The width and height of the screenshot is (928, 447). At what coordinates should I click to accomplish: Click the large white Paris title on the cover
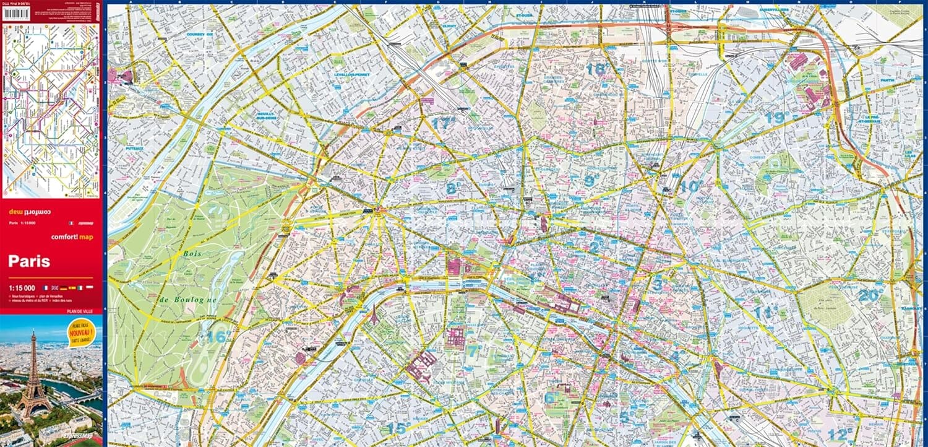pos(29,261)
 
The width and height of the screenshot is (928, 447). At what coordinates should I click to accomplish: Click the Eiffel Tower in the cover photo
pos(33,375)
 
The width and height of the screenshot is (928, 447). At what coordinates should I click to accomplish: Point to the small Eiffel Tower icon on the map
pos(374,315)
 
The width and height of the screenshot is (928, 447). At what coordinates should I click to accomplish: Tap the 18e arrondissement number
pos(596,69)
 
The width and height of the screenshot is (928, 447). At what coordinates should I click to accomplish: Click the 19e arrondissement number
pos(775,118)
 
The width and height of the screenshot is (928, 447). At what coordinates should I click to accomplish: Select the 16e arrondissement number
pos(217,337)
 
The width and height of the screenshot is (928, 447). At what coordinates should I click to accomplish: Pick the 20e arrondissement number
pos(870,296)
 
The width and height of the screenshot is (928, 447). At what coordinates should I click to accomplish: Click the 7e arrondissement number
pos(473,351)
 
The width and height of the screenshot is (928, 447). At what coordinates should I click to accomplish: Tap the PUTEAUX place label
pos(134,149)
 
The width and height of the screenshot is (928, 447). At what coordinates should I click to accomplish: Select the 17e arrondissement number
pos(443,123)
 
